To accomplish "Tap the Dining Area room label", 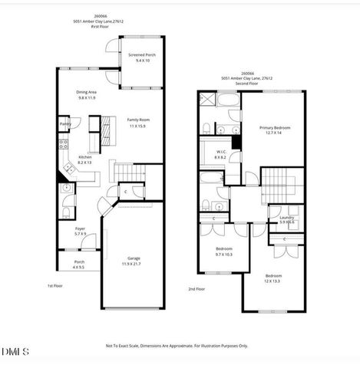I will pos(86,92).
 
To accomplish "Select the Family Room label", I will pos(138,120).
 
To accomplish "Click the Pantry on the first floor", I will pos(65,123).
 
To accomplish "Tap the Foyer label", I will pos(79,228).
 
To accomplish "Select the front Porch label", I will pos(78,262).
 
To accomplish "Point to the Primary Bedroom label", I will pos(275,127).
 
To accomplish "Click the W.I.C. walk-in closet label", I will pos(220,153).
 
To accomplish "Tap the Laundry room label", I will pos(286,218).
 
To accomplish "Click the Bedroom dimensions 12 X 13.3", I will pos(273,279).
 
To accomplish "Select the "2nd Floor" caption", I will pos(197,289).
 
